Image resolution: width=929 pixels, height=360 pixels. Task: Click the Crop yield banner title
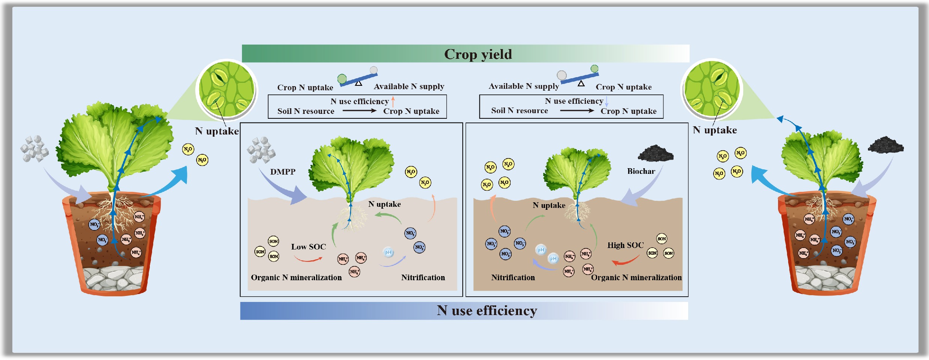(478, 54)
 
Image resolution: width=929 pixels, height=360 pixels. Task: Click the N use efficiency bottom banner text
(487, 311)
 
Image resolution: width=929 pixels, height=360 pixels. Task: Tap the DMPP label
(283, 172)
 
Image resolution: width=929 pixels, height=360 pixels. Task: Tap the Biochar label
(641, 171)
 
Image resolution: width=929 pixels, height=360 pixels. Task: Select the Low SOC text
(308, 246)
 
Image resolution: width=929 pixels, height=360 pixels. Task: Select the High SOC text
(625, 245)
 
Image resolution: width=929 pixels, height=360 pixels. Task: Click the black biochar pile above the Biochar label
(655, 153)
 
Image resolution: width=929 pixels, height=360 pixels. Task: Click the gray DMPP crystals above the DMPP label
(261, 150)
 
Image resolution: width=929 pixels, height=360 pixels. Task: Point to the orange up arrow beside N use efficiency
(393, 101)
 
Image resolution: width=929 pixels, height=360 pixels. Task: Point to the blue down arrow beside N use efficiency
(606, 101)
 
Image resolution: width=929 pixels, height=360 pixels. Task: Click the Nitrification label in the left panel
(423, 277)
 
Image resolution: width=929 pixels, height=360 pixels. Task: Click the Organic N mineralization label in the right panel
(636, 277)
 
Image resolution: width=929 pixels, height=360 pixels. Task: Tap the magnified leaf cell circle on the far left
(227, 90)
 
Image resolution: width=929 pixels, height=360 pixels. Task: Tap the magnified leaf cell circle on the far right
(711, 89)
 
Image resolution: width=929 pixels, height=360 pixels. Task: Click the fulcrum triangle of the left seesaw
(358, 83)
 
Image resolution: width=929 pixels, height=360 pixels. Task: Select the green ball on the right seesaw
(594, 69)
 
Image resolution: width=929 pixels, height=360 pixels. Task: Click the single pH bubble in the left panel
(388, 252)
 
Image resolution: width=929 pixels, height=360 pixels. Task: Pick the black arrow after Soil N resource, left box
(359, 111)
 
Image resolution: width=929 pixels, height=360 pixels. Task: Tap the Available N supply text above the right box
(523, 86)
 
